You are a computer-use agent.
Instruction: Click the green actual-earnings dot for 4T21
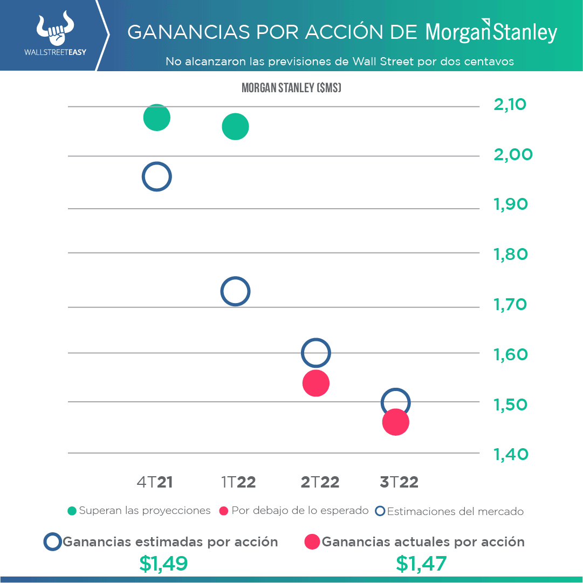tap(156, 118)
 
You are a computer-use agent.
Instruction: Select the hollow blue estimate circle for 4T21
tap(156, 177)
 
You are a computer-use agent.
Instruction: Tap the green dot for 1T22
tap(235, 127)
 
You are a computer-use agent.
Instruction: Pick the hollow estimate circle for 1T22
tap(235, 292)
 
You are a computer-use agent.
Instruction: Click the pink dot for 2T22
tap(316, 383)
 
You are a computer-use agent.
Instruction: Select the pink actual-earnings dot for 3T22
tap(395, 422)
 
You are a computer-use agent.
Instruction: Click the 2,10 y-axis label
tap(510, 104)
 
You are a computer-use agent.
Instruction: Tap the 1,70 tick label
tap(510, 305)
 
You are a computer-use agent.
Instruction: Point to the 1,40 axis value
tap(510, 454)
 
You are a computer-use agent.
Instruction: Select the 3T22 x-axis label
tap(399, 482)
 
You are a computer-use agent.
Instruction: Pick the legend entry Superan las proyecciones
tap(139, 511)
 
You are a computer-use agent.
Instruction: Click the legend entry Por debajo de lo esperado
tap(294, 511)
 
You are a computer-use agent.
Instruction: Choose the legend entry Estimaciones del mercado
tap(450, 511)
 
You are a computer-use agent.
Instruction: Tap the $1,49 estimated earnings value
tap(163, 564)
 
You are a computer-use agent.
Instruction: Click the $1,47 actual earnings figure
tap(421, 564)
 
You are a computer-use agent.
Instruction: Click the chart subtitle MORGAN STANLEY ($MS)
tap(291, 88)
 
